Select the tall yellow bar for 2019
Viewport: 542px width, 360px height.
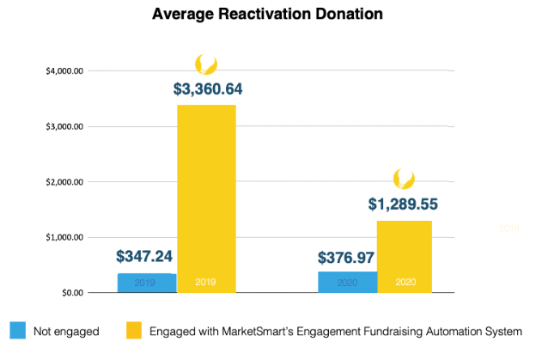pyautogui.click(x=206, y=198)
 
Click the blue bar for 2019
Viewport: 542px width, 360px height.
pyautogui.click(x=146, y=283)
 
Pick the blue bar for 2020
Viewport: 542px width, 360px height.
pyautogui.click(x=346, y=282)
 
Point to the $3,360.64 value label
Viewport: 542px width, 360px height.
pyautogui.click(x=206, y=88)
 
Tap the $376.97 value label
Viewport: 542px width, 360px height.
pyautogui.click(x=347, y=258)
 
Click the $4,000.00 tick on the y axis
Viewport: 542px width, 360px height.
pyautogui.click(x=64, y=71)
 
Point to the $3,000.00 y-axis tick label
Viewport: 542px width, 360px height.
pyautogui.click(x=64, y=126)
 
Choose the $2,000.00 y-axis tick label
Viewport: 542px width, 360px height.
pyautogui.click(x=64, y=182)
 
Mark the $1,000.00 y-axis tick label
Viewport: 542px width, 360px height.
pyautogui.click(x=64, y=237)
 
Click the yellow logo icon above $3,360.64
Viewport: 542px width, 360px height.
pyautogui.click(x=206, y=64)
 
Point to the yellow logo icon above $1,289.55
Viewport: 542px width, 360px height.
pyautogui.click(x=404, y=179)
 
